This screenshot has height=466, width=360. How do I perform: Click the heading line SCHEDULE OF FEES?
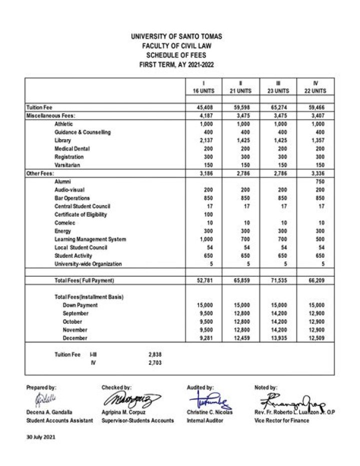[x=176, y=55]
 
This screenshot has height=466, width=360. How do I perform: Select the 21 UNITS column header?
[x=240, y=91]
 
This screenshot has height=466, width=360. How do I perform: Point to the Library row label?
[x=63, y=141]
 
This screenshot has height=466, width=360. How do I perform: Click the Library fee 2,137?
[x=206, y=141]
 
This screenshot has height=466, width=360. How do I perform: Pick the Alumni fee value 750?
[x=319, y=182]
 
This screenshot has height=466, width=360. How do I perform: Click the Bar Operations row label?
[x=72, y=198]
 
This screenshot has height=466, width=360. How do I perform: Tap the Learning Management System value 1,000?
[x=206, y=239]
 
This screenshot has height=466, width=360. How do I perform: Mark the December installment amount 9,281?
[x=206, y=338]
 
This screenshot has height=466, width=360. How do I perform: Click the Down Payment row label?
[x=80, y=305]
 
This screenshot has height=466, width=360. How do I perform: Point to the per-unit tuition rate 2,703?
[x=155, y=363]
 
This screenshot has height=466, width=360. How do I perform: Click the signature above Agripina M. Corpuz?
[x=132, y=400]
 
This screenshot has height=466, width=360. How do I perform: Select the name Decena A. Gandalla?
[x=49, y=412]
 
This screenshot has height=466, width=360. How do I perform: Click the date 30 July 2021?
[x=41, y=437]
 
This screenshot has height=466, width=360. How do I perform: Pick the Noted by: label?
[x=266, y=388]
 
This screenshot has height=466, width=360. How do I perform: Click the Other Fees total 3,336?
[x=316, y=174]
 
